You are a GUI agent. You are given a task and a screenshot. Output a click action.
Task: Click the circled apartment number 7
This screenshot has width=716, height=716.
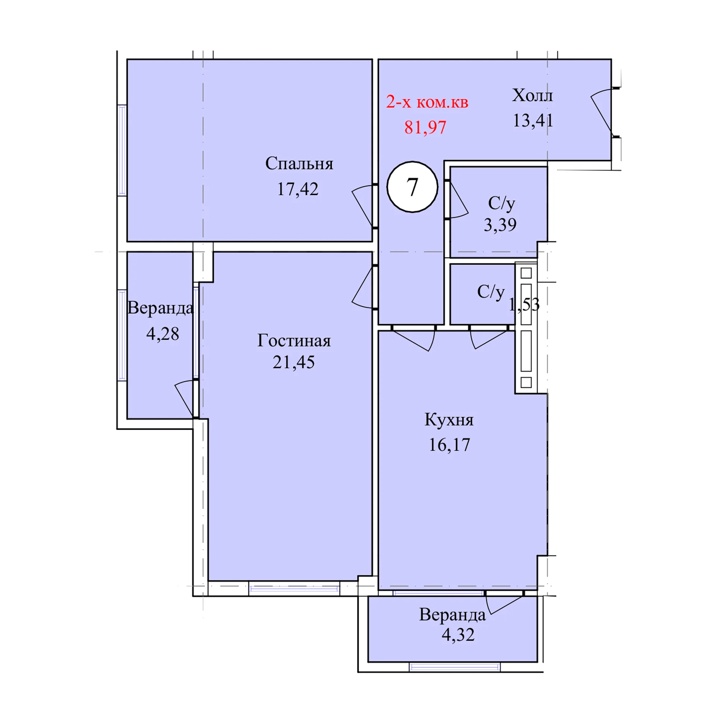coord(412,187)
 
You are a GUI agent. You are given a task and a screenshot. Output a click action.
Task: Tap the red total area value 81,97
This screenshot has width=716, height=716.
coord(425,128)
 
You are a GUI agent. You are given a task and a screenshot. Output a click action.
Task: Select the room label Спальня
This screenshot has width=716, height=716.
coord(299,164)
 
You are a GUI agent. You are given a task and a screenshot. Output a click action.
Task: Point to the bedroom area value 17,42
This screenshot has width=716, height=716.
coord(298,189)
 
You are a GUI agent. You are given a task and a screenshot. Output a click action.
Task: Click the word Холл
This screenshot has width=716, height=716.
coord(532,95)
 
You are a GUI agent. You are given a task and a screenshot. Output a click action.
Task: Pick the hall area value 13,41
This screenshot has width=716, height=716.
coord(533,120)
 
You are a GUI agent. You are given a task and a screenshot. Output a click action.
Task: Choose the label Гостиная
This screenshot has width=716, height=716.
coord(294,341)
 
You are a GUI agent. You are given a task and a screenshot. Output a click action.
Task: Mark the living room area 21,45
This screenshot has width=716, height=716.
coord(293,362)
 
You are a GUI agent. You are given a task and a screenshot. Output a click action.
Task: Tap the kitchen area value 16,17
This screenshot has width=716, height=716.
coord(449,445)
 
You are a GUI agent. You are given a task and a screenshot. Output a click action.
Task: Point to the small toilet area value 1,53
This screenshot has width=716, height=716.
coord(524,305)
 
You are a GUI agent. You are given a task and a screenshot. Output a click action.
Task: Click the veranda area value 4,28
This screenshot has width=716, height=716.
coord(163,334)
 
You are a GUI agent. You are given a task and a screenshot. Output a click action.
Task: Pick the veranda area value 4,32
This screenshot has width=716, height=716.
coord(458,634)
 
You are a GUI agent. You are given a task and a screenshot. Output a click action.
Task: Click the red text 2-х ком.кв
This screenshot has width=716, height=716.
coord(427,102)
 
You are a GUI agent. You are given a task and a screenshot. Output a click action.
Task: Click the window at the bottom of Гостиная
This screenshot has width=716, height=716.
coord(294,589)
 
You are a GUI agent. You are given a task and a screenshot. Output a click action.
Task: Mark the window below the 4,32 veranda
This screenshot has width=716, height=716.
coord(455,667)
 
